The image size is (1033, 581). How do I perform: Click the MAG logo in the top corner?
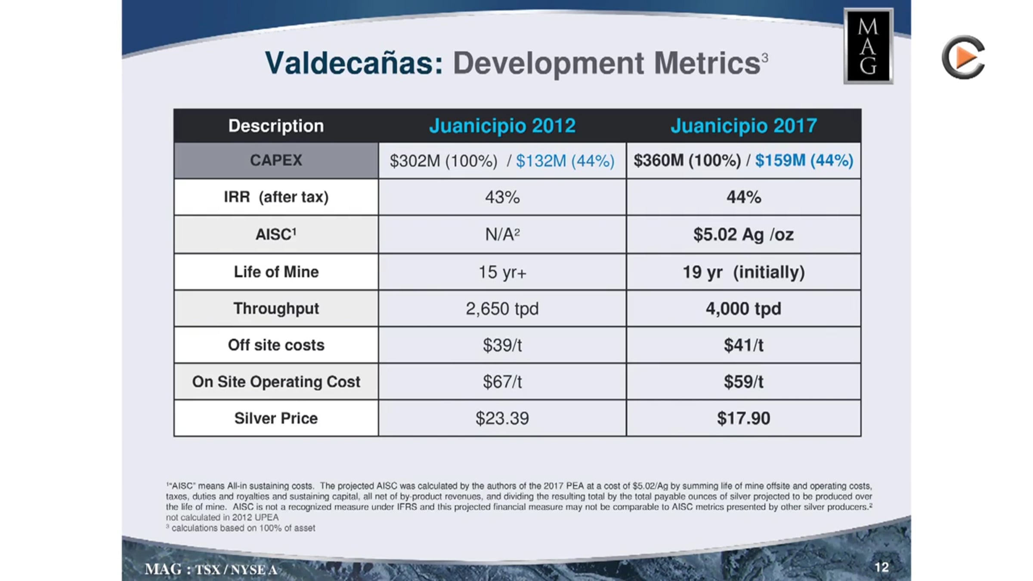click(868, 46)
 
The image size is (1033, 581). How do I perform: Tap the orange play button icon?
click(963, 57)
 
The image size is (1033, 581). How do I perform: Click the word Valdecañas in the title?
click(354, 63)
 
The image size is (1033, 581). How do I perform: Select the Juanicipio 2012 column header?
click(502, 126)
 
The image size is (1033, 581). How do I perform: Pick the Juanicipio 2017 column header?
click(744, 126)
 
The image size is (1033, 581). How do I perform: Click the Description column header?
click(276, 126)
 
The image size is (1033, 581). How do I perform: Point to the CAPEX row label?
click(276, 160)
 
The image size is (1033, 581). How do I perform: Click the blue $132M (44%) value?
click(565, 161)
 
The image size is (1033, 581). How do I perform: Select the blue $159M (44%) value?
click(804, 161)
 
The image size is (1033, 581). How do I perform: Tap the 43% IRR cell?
click(502, 197)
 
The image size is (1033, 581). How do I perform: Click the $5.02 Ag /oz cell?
click(743, 235)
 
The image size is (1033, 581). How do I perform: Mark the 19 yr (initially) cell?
click(743, 272)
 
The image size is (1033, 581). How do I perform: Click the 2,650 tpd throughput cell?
click(502, 309)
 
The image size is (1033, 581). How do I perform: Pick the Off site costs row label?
click(276, 345)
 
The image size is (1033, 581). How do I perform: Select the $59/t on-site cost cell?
click(743, 382)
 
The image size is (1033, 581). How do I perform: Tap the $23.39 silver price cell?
click(502, 418)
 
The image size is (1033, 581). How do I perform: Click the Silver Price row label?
click(276, 418)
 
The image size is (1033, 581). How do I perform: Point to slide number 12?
click(881, 567)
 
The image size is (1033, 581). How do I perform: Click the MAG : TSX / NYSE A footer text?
click(211, 569)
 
